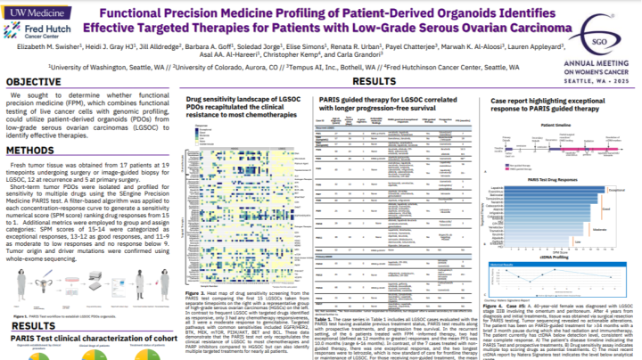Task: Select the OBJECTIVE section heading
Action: point(40,81)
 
